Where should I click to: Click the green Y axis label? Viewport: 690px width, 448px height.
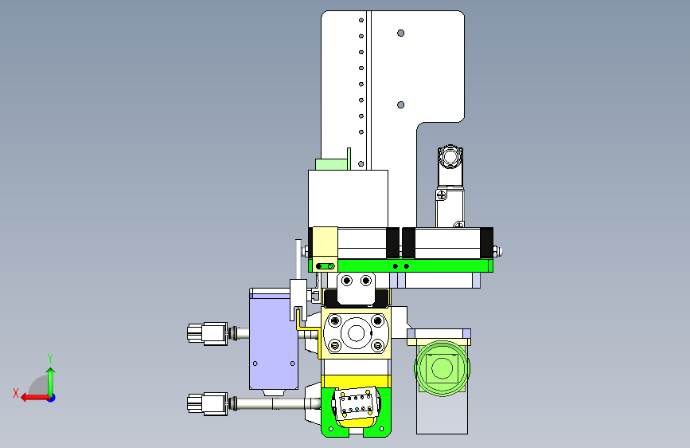(50, 358)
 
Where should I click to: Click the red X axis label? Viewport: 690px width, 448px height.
(16, 393)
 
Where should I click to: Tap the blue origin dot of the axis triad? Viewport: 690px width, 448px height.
(52, 398)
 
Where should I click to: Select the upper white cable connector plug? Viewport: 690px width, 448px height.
(207, 333)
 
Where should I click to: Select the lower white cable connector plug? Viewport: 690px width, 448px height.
(207, 404)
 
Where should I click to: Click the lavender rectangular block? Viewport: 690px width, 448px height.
(273, 342)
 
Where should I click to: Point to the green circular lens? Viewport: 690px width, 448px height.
(442, 367)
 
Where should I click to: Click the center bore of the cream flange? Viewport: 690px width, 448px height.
(356, 332)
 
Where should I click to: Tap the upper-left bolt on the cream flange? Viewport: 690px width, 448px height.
(335, 320)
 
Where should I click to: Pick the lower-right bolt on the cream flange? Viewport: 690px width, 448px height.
(377, 345)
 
